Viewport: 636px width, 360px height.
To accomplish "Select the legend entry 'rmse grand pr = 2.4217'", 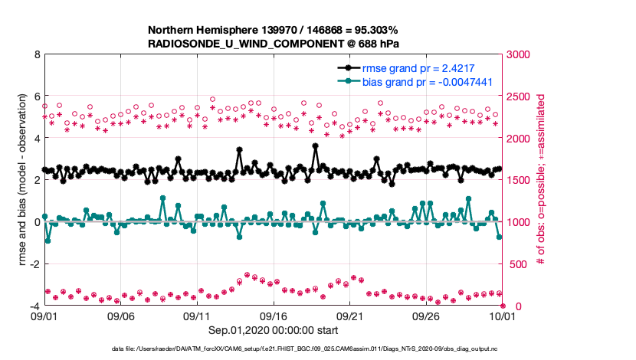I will (414, 67).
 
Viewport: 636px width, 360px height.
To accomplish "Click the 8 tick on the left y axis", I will (36, 55).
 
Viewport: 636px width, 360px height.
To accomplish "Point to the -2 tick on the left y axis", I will (34, 264).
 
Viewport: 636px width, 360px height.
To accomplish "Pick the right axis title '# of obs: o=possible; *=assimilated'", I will (542, 181).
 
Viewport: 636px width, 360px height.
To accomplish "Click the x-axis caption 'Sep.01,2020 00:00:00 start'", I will (274, 330).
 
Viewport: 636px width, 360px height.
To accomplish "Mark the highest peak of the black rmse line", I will (316, 146).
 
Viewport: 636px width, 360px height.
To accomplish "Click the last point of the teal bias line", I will (500, 237).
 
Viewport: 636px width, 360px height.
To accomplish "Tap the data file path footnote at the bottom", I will (318, 349).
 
